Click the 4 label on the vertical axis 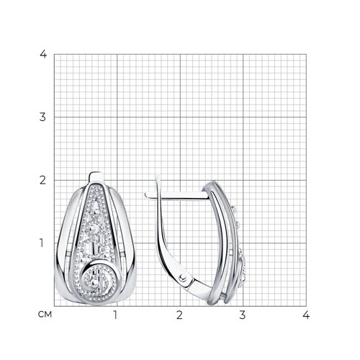(x=43, y=54)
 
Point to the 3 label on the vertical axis (x=42, y=117)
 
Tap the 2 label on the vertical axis (x=42, y=180)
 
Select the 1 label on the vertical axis (x=42, y=243)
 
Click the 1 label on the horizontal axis (x=115, y=315)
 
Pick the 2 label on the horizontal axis (x=179, y=315)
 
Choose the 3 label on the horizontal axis (x=243, y=315)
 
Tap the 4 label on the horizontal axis (x=306, y=315)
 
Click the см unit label (x=45, y=315)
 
